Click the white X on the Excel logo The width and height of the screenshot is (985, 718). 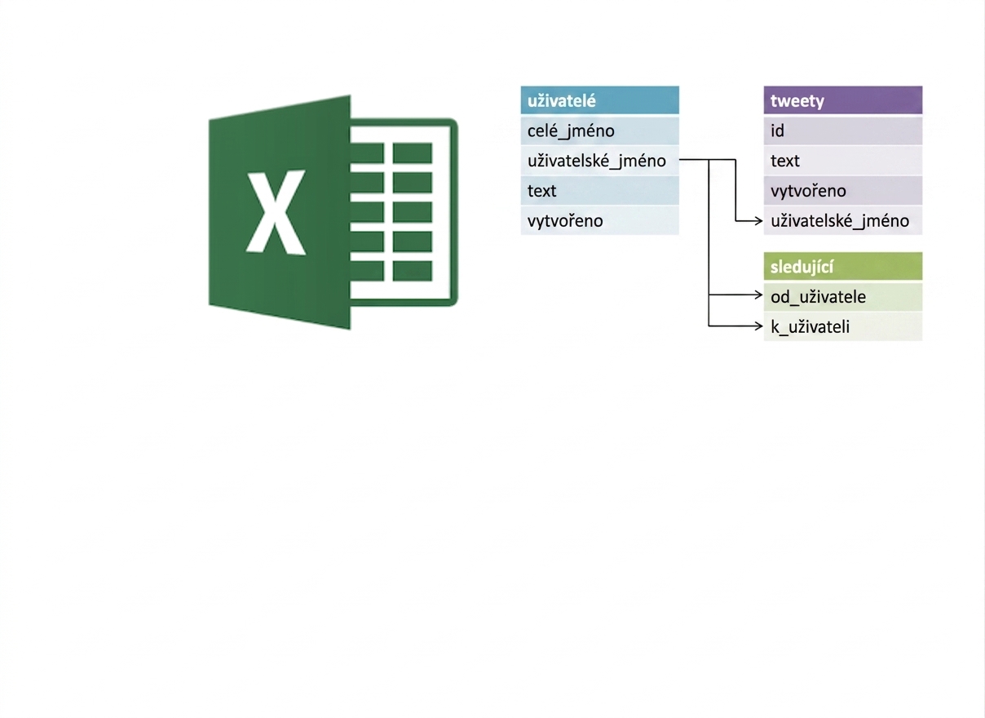click(276, 212)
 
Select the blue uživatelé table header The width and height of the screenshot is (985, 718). click(600, 100)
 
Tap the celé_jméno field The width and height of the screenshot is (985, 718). click(600, 131)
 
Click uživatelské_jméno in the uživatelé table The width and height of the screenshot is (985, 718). click(600, 161)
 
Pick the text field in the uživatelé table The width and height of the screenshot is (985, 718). click(600, 190)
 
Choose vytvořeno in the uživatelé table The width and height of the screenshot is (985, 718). click(600, 220)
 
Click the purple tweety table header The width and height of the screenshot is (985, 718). click(843, 100)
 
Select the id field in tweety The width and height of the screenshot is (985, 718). click(843, 131)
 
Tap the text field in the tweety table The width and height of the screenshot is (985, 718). click(843, 161)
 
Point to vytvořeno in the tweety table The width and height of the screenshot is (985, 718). click(843, 190)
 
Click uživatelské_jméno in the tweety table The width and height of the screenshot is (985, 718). click(843, 220)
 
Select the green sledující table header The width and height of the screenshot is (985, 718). click(843, 266)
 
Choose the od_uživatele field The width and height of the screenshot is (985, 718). click(843, 297)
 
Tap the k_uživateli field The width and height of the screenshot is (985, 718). click(843, 327)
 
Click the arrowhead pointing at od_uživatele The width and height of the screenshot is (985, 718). click(758, 295)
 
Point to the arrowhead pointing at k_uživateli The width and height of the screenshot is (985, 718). click(758, 326)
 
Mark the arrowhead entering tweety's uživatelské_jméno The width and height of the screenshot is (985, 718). click(758, 220)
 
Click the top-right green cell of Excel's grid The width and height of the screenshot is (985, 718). click(413, 153)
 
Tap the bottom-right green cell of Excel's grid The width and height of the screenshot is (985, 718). click(413, 271)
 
